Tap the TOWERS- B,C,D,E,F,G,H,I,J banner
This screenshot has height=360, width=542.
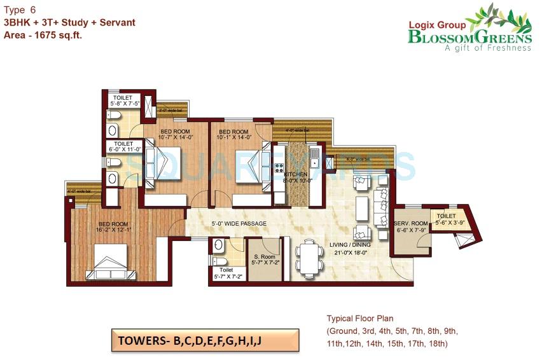[x=190, y=342]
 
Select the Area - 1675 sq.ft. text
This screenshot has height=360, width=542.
[x=43, y=36]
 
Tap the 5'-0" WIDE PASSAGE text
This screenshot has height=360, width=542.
[x=239, y=224]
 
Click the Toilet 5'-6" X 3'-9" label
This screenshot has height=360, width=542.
[x=449, y=219]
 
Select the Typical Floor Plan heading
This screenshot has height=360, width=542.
[x=359, y=318]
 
